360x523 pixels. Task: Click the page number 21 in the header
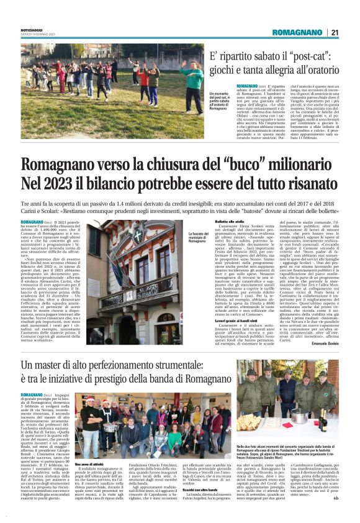[334, 33]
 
